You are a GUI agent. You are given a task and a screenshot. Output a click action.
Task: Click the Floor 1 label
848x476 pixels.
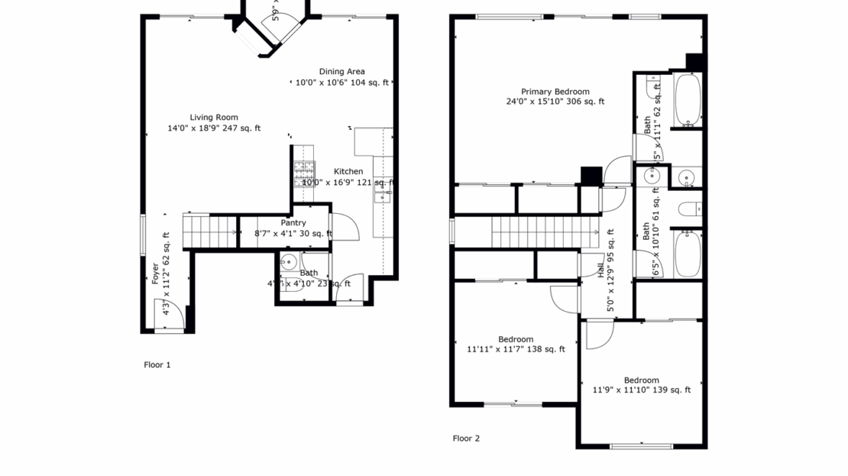point(157,365)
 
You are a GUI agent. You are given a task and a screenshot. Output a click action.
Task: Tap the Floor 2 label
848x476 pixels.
point(466,439)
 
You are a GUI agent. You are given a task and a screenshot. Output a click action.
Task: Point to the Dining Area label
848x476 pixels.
point(341,72)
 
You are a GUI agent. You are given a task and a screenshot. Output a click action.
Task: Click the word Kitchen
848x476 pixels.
point(348,171)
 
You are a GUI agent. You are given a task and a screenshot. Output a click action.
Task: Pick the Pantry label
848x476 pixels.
point(293,223)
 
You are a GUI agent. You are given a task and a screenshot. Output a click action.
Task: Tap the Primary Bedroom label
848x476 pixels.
point(555,92)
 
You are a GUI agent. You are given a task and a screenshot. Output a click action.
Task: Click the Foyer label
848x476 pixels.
point(156,274)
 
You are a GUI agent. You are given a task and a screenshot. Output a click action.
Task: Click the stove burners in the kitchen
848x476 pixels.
point(304,172)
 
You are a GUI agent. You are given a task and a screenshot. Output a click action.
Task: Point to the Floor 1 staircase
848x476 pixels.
point(210,228)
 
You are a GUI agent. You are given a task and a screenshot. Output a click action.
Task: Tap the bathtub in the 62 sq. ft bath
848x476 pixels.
point(688,99)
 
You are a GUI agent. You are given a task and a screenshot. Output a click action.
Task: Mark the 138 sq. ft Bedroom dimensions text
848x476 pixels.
point(516,350)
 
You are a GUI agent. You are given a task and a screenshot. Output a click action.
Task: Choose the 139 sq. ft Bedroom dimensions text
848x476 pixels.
point(641,390)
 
